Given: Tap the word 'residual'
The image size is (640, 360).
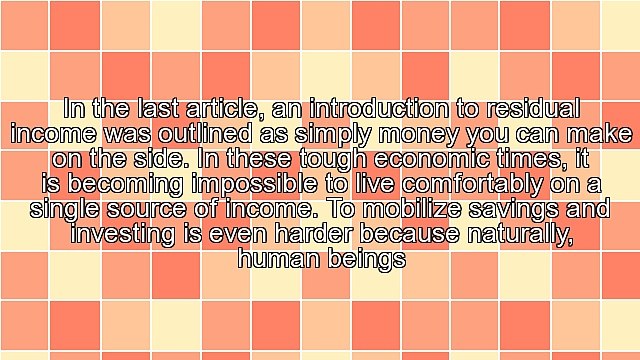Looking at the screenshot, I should click(529, 108).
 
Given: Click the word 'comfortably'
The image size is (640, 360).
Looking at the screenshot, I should click(467, 184).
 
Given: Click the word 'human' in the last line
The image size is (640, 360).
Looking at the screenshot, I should click(277, 259).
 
